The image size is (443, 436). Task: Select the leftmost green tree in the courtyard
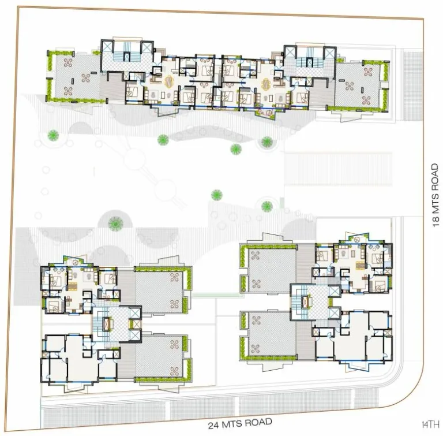pyautogui.click(x=54, y=136)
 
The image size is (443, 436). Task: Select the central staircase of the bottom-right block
pyautogui.click(x=299, y=300)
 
